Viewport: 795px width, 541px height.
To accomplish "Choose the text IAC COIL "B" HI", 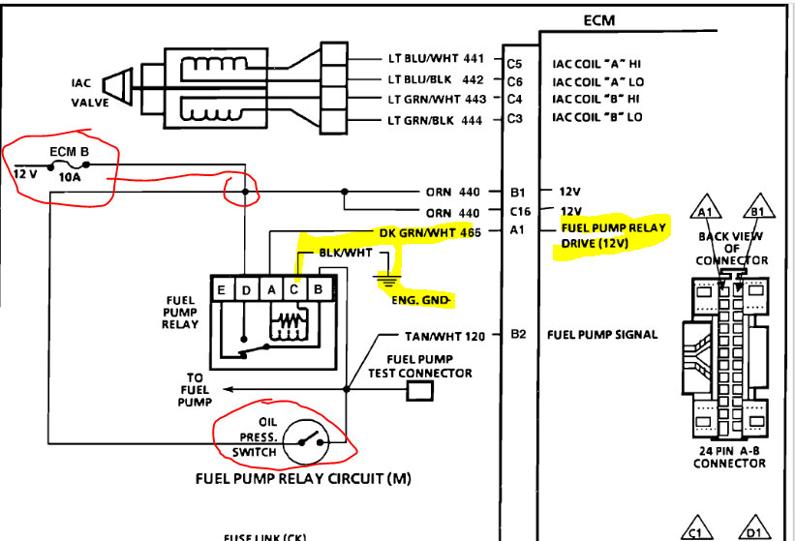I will tap(597, 99).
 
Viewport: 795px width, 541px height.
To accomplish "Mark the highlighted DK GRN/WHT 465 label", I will tap(430, 232).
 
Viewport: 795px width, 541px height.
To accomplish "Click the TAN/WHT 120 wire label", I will tap(444, 336).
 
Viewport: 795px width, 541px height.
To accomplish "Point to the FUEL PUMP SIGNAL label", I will tap(602, 335).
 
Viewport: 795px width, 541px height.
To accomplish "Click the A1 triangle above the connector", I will tap(705, 210).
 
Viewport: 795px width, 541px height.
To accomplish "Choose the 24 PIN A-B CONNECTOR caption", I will tap(729, 456).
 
